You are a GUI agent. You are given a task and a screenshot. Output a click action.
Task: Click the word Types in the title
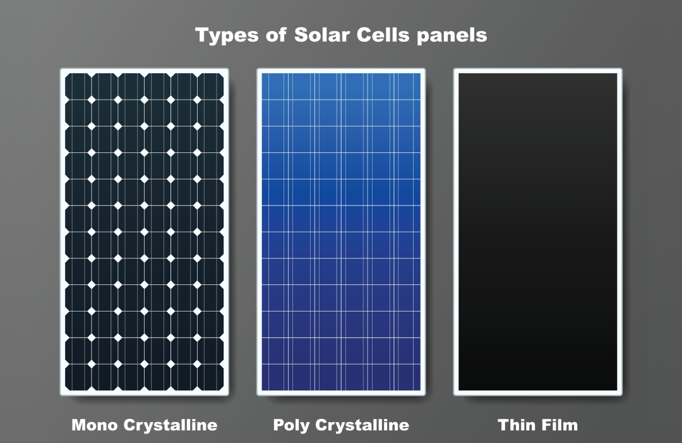point(225,35)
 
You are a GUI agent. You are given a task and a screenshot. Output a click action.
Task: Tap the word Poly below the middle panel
point(291,425)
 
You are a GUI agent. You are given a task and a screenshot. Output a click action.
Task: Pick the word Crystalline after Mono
point(171,425)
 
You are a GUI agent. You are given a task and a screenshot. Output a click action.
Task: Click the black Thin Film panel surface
point(537,231)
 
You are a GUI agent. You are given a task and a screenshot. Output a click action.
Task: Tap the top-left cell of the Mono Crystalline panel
point(78,87)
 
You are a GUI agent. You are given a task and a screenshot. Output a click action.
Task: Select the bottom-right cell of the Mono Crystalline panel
point(210,377)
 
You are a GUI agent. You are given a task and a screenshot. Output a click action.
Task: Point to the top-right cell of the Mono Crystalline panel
point(210,87)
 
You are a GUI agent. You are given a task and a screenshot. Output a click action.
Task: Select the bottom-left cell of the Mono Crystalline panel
point(78,377)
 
